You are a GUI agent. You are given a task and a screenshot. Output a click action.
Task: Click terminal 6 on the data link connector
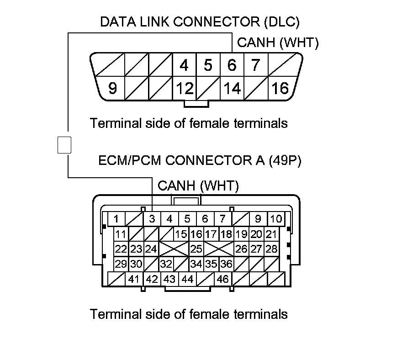click(232, 65)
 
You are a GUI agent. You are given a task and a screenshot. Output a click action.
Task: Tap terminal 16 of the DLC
click(280, 88)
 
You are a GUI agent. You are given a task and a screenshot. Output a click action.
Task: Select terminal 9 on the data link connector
click(112, 88)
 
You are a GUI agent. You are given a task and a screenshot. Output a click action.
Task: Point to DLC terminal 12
click(185, 88)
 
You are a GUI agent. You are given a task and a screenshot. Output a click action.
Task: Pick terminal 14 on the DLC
click(232, 88)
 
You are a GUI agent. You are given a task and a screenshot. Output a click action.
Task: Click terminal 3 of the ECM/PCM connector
click(152, 219)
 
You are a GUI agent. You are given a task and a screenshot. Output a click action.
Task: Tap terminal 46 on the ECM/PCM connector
click(222, 279)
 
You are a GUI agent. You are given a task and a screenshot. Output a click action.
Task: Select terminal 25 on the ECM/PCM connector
click(196, 249)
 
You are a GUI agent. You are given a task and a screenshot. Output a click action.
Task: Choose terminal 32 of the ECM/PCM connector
click(166, 264)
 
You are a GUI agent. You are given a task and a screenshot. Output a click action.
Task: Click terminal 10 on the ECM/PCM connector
click(276, 219)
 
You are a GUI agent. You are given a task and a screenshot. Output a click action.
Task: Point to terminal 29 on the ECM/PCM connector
click(121, 264)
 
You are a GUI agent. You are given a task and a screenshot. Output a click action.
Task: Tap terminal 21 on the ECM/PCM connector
click(271, 234)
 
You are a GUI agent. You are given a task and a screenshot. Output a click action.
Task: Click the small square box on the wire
click(64, 145)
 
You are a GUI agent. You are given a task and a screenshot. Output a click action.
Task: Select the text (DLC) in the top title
click(282, 22)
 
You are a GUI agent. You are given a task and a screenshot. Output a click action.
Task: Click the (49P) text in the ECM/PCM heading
click(285, 161)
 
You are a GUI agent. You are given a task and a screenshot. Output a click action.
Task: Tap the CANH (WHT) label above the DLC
click(278, 42)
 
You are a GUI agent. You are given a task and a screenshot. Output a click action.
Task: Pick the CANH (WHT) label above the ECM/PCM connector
click(198, 186)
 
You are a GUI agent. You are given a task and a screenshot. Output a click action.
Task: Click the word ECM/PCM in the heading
click(130, 161)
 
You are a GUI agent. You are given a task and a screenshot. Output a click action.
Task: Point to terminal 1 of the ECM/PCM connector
click(116, 219)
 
